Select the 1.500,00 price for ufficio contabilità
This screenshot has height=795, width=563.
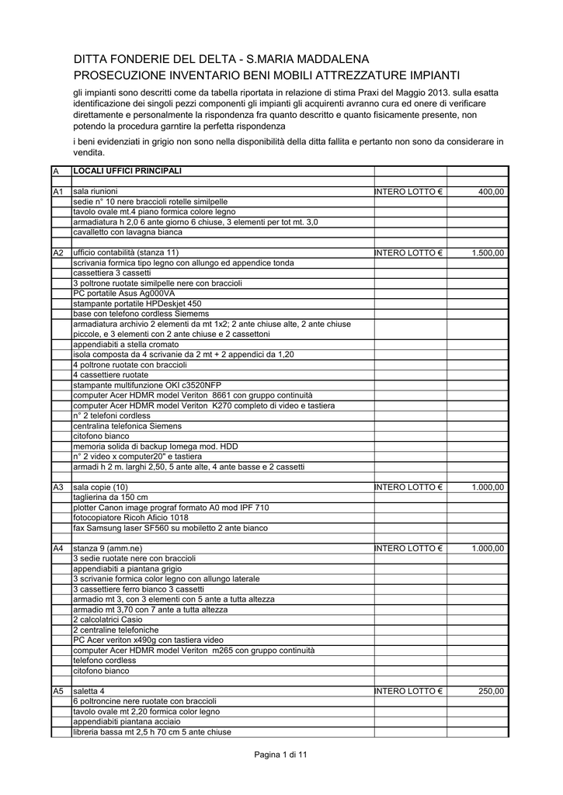(487, 253)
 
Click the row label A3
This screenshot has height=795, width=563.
(57, 487)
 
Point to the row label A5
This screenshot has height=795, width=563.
(57, 691)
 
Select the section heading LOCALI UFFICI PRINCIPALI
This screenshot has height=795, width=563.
(127, 170)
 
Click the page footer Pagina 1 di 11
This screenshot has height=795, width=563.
(281, 755)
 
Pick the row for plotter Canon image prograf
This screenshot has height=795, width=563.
(171, 508)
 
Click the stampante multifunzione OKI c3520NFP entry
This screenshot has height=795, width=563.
(147, 385)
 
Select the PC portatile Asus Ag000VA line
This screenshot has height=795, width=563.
(123, 293)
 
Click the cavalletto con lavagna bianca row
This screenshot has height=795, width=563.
(127, 232)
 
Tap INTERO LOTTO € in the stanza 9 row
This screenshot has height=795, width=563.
(408, 548)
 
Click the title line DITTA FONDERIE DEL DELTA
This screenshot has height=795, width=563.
(210, 60)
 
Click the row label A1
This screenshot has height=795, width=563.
(57, 191)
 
